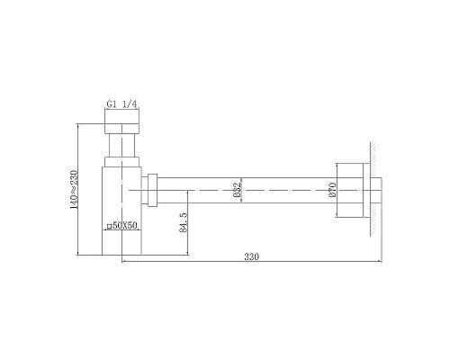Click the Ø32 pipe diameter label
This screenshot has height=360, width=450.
pyautogui.click(x=237, y=190)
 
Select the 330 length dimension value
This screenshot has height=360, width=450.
pyautogui.click(x=250, y=257)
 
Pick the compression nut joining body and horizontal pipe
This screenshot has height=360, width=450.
pyautogui.click(x=155, y=190)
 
